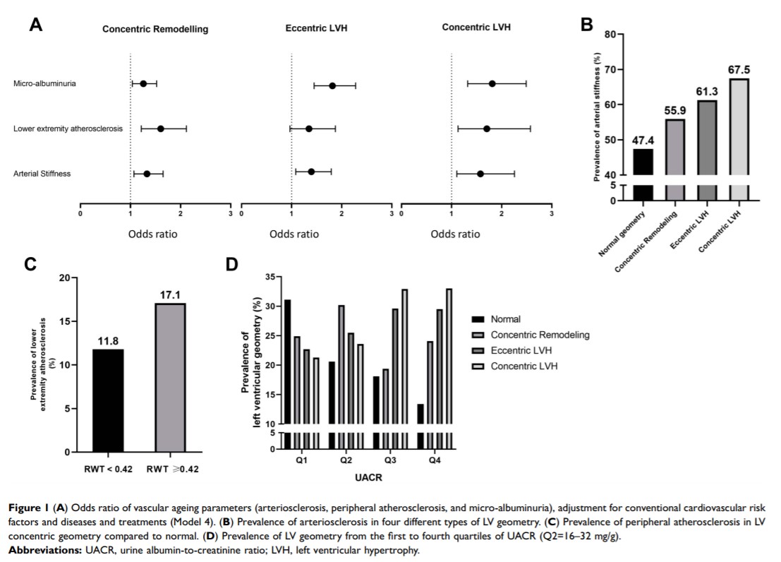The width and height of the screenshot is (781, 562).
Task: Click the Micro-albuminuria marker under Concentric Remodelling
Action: pyautogui.click(x=143, y=83)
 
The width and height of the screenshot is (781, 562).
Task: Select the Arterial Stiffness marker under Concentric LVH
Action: pyautogui.click(x=480, y=174)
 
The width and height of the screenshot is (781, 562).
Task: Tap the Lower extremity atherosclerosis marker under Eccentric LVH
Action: pyautogui.click(x=309, y=128)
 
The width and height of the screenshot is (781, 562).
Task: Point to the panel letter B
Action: pyautogui.click(x=586, y=25)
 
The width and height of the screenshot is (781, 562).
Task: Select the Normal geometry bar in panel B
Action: pyautogui.click(x=643, y=174)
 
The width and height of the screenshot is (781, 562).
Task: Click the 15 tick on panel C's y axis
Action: pyautogui.click(x=69, y=321)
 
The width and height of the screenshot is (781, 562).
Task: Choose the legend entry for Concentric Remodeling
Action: pyautogui.click(x=540, y=335)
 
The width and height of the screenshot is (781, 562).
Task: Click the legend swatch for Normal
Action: pyautogui.click(x=478, y=319)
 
